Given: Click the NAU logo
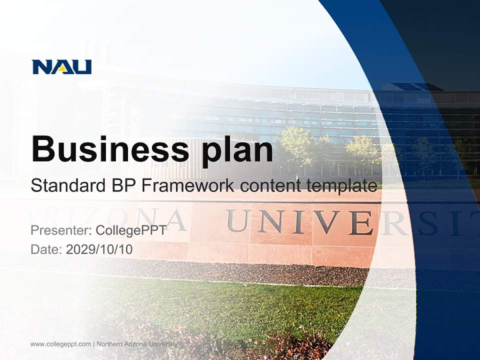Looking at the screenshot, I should tap(62, 67).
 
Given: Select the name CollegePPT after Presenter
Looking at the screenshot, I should tap(130, 230).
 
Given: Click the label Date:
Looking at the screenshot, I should tap(46, 249).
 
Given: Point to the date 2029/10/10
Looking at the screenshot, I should tap(99, 249).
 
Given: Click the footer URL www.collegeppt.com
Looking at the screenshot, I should tap(60, 344).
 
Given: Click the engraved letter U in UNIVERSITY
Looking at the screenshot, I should tap(237, 221).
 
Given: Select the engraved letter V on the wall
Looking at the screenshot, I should tap(327, 222).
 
